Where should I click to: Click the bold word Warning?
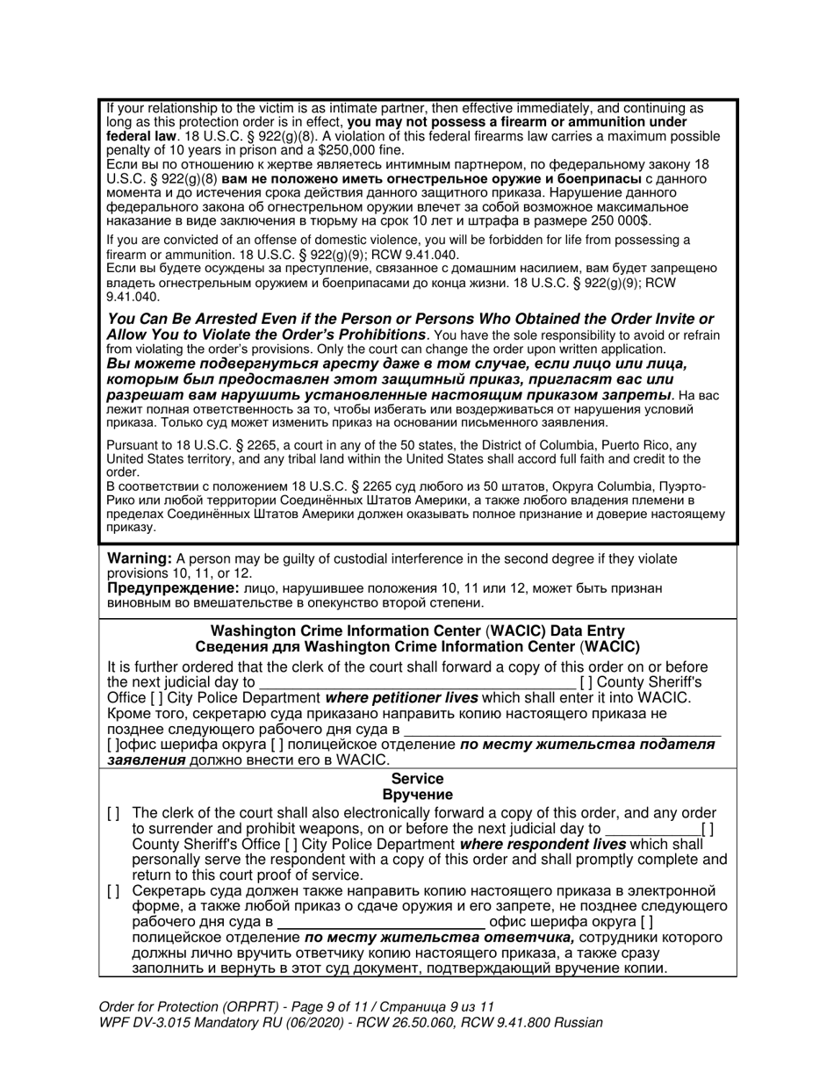139,558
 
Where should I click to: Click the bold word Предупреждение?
171,588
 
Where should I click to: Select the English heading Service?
417,779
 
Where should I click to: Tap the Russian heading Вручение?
417,795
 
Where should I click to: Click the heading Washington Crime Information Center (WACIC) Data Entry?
418,630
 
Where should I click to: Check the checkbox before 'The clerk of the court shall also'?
112,814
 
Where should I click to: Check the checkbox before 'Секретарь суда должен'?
112,891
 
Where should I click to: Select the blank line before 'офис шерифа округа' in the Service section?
381,922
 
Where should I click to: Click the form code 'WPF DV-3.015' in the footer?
140,1023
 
